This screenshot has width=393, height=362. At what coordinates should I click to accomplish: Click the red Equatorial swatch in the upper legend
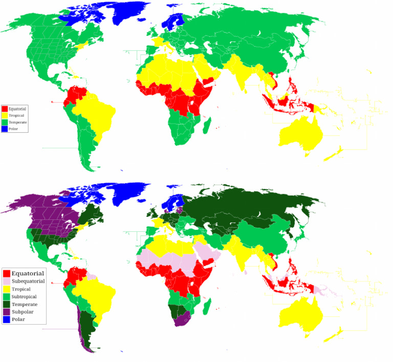(x=5, y=109)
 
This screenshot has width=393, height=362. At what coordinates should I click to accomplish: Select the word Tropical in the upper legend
(x=16, y=115)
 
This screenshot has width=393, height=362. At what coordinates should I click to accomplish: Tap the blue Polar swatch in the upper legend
(x=5, y=129)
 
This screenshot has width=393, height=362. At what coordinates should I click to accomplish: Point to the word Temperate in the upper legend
(x=18, y=122)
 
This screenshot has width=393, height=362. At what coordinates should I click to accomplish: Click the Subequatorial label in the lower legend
(x=28, y=281)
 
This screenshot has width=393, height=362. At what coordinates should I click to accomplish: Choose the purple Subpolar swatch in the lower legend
(x=7, y=312)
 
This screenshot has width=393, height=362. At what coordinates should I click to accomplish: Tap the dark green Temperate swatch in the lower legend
(x=7, y=304)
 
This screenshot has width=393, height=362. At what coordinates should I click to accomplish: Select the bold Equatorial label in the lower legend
(x=28, y=273)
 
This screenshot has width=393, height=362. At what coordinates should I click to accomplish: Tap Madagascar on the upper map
(x=206, y=125)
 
